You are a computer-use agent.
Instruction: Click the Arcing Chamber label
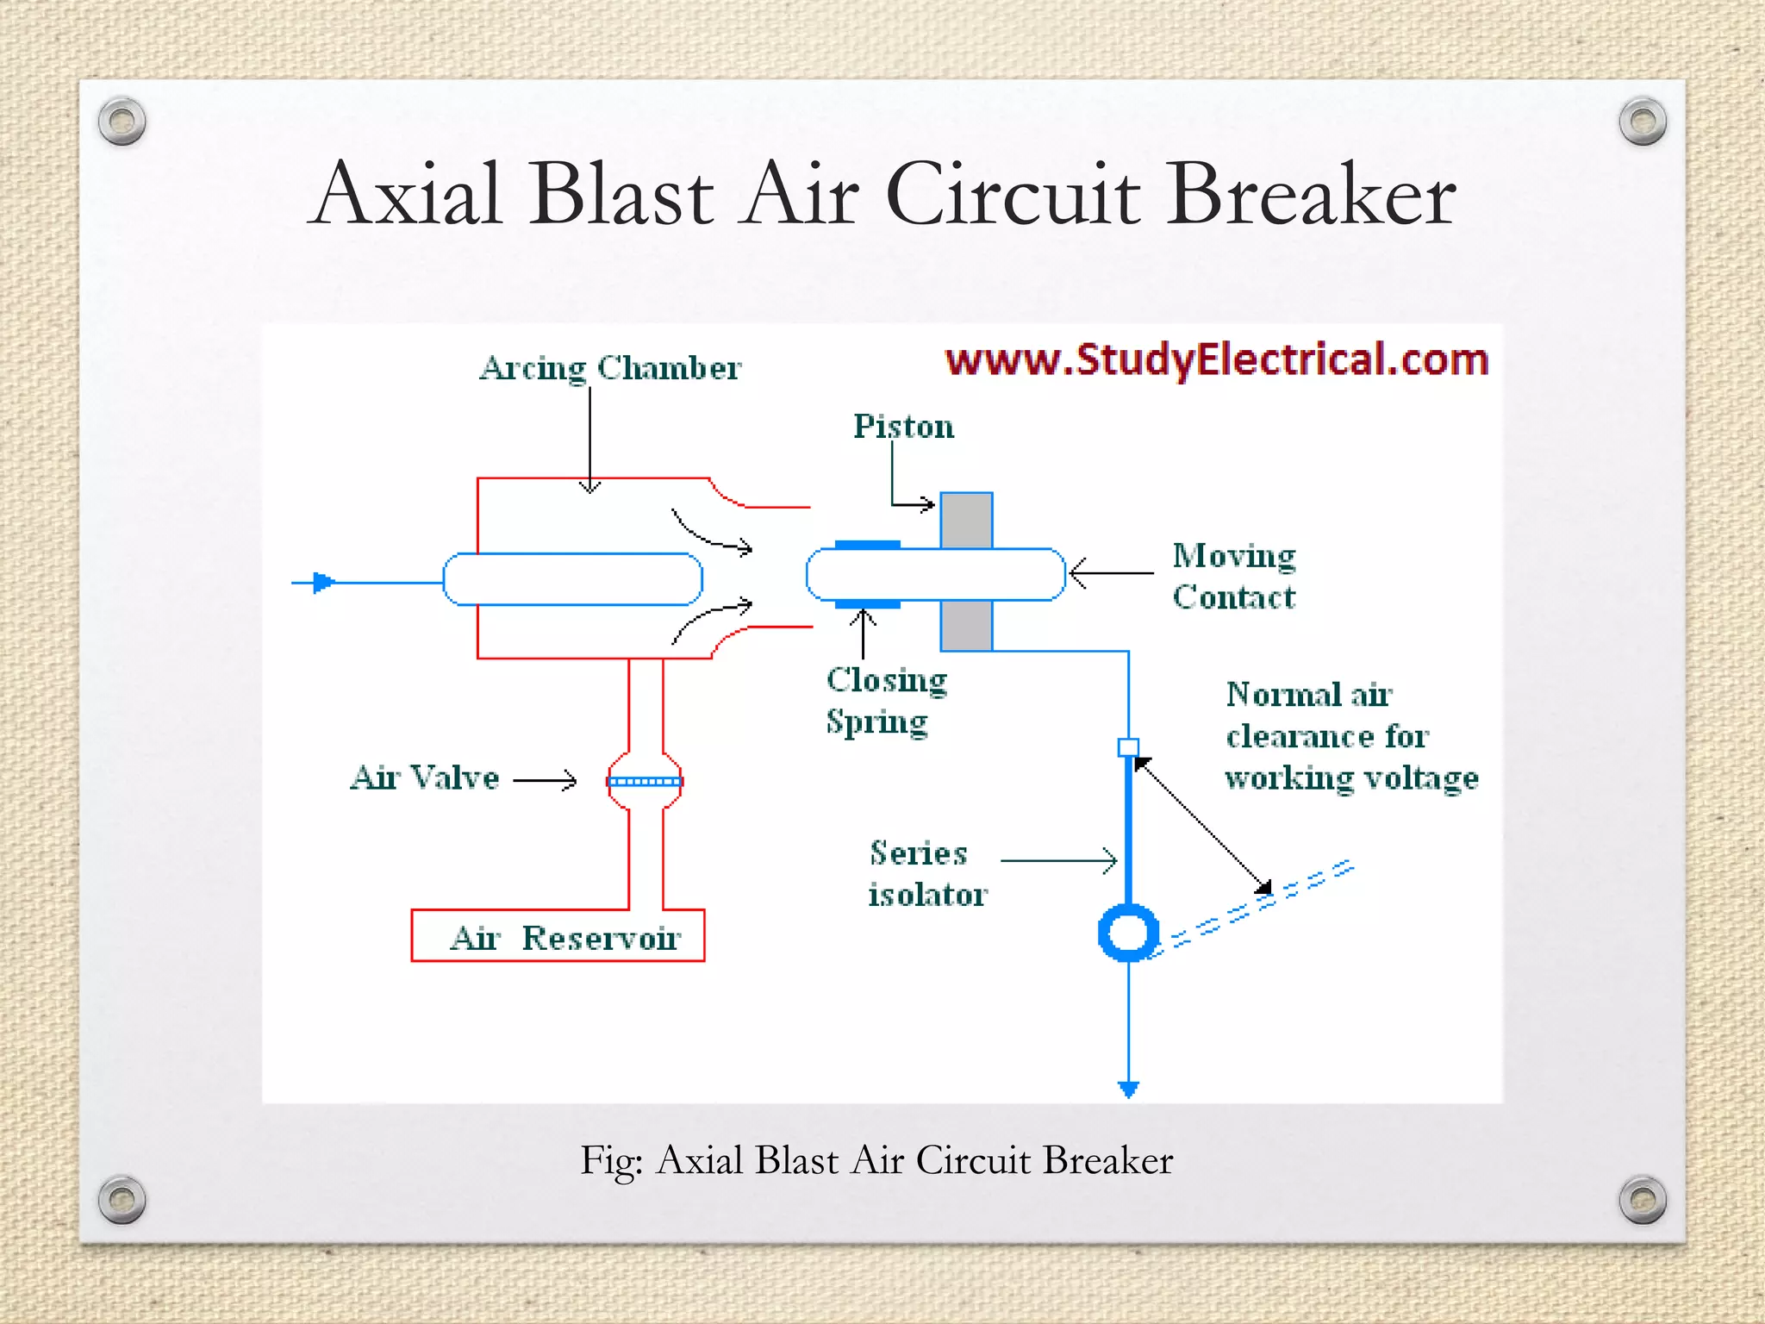pos(609,368)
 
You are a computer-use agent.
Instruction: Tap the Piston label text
pos(903,427)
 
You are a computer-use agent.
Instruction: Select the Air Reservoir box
pos(558,935)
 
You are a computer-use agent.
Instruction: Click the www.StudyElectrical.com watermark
pos(1216,359)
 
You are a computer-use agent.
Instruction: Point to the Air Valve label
pos(424,778)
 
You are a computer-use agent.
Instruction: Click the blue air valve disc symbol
pos(645,782)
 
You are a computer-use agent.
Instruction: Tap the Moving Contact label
pos(1233,576)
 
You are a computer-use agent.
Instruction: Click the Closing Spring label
pos(886,700)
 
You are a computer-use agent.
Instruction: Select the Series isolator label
pos(926,873)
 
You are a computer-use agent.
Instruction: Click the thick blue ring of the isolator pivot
pos(1128,933)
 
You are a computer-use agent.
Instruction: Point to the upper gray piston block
pos(966,520)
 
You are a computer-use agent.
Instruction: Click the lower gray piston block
pos(966,626)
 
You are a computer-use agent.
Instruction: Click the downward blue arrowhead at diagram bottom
pos(1128,1090)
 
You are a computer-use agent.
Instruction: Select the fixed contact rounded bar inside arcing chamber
pos(572,579)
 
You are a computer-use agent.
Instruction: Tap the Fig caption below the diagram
pos(876,1160)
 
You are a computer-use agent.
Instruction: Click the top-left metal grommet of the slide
pos(122,121)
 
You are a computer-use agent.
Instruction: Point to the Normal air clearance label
pos(1350,736)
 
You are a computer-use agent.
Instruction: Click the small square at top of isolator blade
pos(1128,747)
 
